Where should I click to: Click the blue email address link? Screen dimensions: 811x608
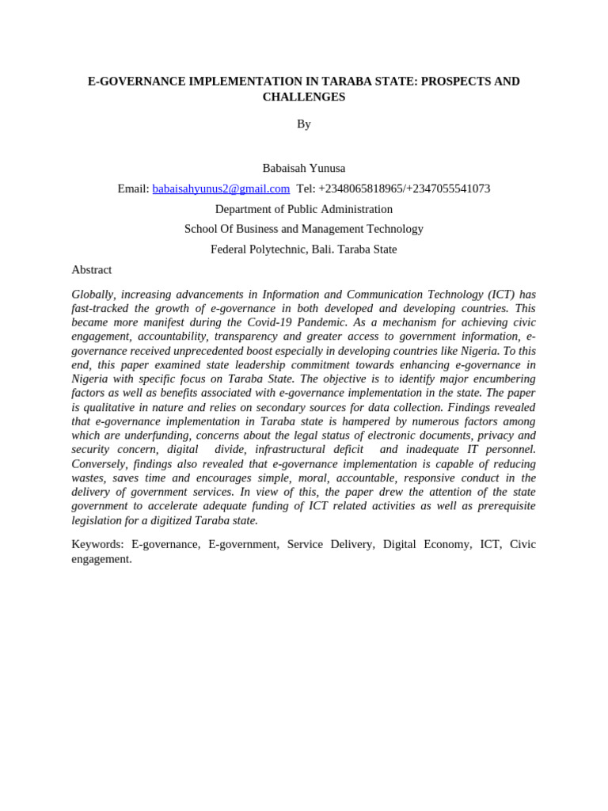click(x=221, y=188)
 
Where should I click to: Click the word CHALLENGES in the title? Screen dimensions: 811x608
click(x=304, y=97)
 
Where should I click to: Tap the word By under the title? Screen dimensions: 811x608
click(x=304, y=124)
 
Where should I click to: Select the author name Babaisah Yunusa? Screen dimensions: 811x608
click(x=304, y=168)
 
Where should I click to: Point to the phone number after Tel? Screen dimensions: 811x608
click(x=404, y=188)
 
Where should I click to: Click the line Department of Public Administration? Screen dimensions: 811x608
click(x=304, y=209)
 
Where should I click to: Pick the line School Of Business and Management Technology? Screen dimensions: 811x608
click(x=304, y=229)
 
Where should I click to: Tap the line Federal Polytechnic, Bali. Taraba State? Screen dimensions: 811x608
click(x=304, y=249)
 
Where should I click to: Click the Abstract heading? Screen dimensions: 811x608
click(x=92, y=270)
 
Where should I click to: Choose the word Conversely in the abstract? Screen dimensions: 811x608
click(x=99, y=464)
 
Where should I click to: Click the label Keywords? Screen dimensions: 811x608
click(x=98, y=544)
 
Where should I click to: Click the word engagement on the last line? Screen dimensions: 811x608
click(x=101, y=558)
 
